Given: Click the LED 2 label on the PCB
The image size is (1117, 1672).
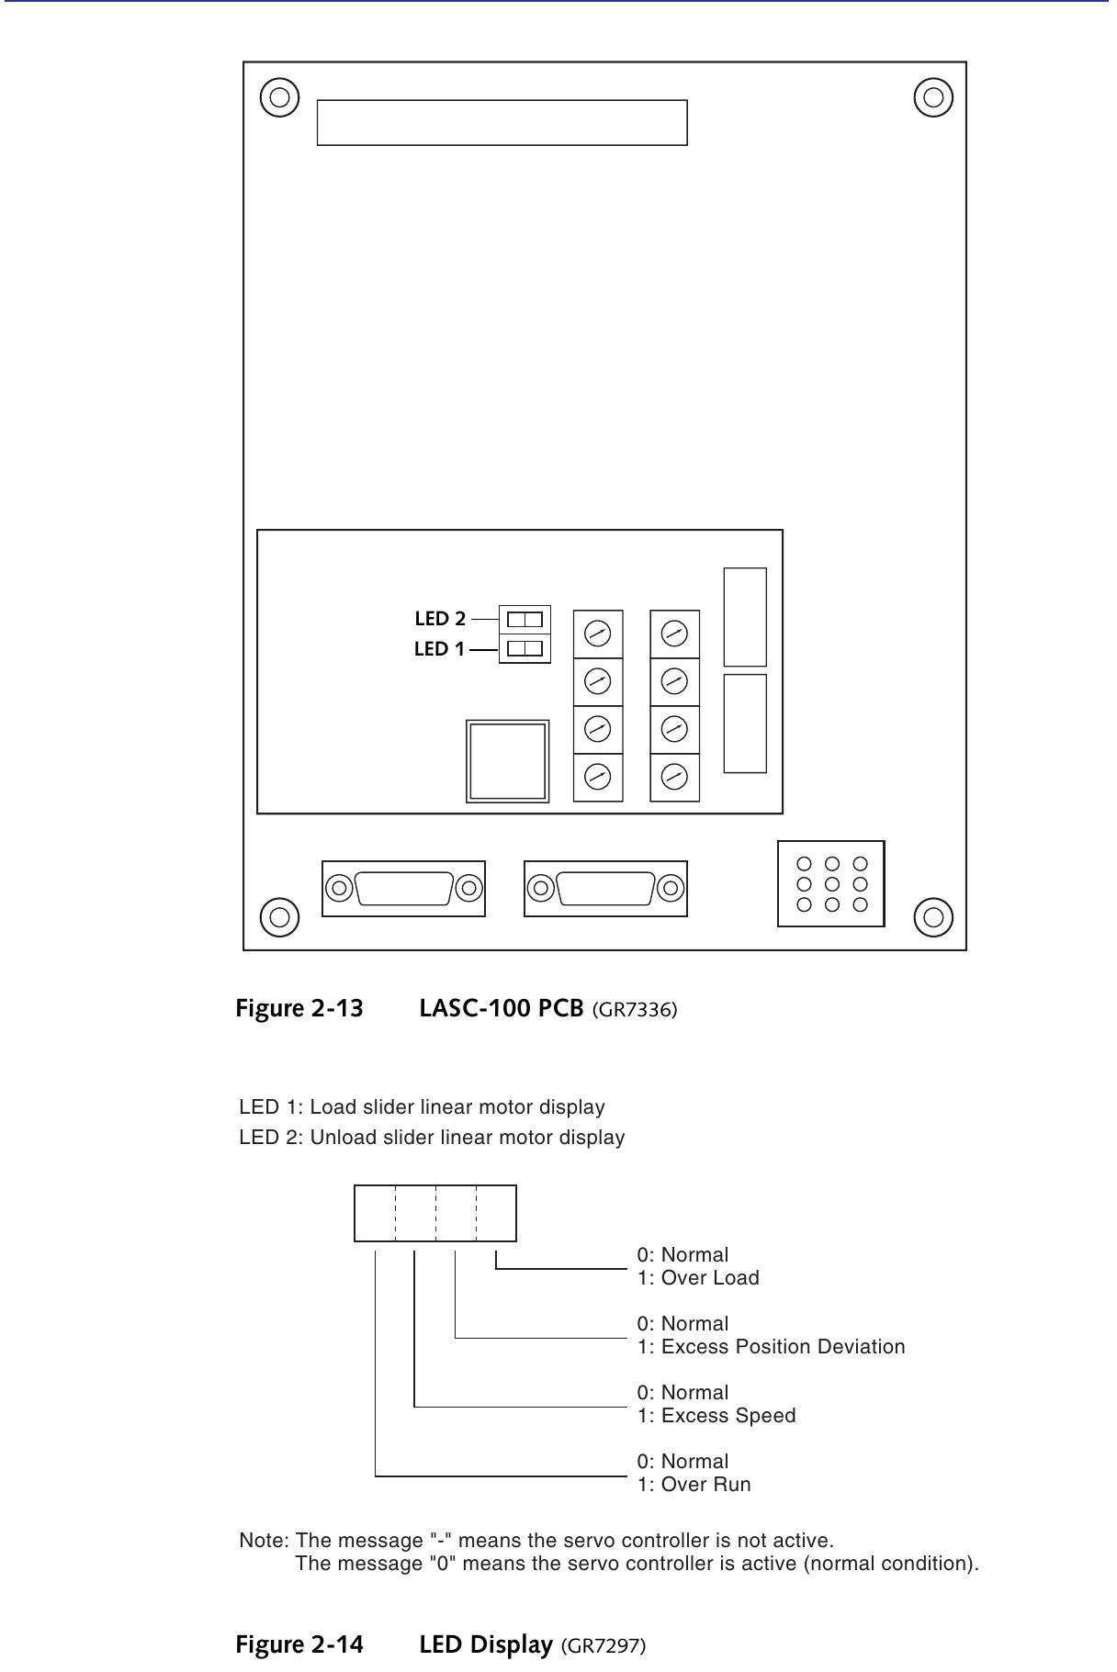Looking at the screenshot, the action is click(440, 619).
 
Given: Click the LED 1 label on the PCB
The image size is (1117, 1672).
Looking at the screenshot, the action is click(439, 649).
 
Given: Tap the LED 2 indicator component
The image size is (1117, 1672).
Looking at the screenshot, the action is click(525, 618).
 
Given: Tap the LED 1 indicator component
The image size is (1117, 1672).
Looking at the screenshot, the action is click(525, 648).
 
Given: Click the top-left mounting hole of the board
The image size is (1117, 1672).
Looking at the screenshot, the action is click(279, 96).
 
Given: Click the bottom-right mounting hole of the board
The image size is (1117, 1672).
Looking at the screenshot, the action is click(933, 915).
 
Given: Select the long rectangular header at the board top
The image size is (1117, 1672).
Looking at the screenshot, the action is click(502, 123).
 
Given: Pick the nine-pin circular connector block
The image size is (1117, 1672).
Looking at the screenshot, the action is click(831, 883).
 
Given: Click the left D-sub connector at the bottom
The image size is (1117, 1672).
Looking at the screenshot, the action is click(403, 888).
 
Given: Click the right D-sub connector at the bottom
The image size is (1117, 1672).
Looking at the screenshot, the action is click(605, 888).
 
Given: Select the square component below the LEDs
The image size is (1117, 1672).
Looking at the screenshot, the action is click(508, 761).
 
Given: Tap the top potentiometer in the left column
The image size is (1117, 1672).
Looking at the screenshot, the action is click(598, 634).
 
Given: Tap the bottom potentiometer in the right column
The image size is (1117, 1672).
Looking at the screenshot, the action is click(674, 777).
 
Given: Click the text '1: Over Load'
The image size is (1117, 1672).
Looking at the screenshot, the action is click(698, 1278).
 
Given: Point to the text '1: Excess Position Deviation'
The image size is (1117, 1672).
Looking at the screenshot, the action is click(772, 1347).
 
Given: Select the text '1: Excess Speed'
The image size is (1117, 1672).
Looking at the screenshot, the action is click(716, 1416).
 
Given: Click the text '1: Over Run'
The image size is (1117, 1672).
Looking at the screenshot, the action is click(694, 1485).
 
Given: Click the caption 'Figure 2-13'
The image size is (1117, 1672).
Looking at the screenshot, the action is click(299, 1008).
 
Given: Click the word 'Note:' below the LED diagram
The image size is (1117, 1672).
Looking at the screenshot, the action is click(265, 1540).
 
